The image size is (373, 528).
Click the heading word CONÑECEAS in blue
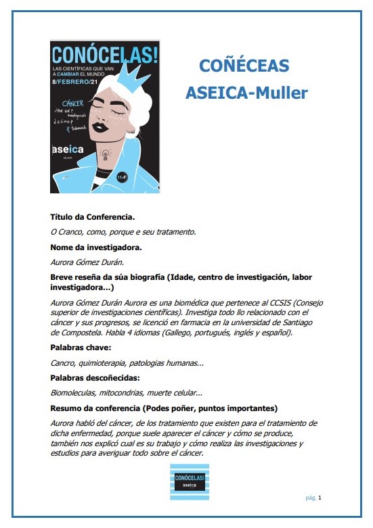pos(244,66)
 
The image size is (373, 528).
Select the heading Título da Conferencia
pos(93,217)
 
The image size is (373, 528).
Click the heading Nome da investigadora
pos(95,247)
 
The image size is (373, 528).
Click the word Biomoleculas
pos(74,392)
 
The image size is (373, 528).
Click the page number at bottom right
pos(319,498)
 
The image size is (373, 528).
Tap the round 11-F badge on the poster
pos(122,177)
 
